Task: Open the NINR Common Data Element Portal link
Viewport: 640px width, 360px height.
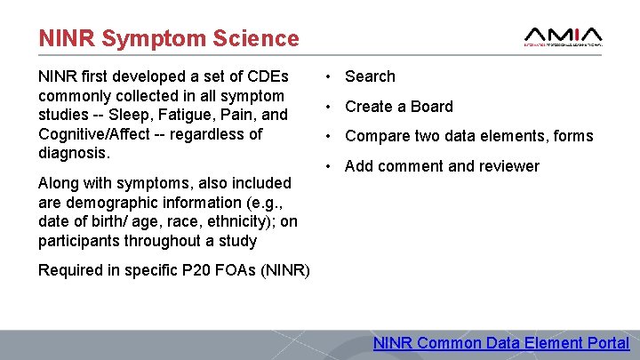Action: [x=501, y=343]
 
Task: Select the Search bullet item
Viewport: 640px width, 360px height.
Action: [x=370, y=76]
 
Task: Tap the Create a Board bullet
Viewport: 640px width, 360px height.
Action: [x=398, y=107]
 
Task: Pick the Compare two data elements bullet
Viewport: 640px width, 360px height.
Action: [x=468, y=136]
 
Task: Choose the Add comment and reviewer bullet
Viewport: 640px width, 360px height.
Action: [x=442, y=166]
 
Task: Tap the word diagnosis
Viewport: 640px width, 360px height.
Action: [x=74, y=153]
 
